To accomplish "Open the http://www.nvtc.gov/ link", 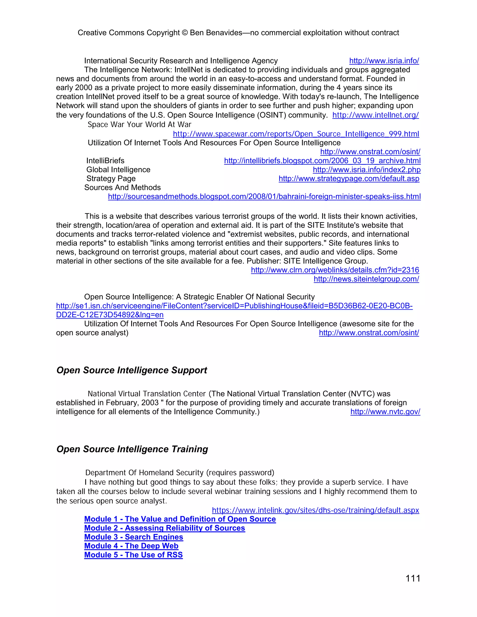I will pyautogui.click(x=385, y=412).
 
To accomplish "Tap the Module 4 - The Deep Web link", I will pyautogui.click(x=131, y=546).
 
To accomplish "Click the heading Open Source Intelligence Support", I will pyautogui.click(x=132, y=370).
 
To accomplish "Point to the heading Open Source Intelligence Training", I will pyautogui.click(x=132, y=449).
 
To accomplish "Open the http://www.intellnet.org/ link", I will pyautogui.click(x=375, y=115).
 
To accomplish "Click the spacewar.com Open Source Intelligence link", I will pyautogui.click(x=296, y=134).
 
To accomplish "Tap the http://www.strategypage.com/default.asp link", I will pyautogui.click(x=349, y=179).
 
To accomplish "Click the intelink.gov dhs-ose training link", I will pyautogui.click(x=315, y=510).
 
